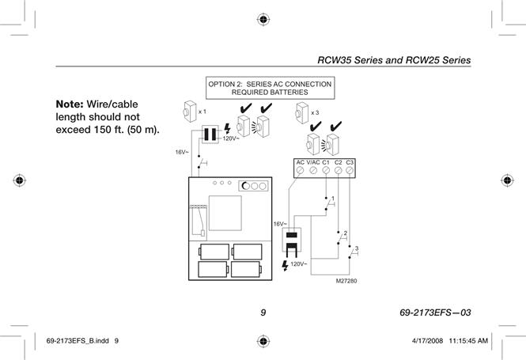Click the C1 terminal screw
click(x=326, y=170)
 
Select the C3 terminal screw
click(x=350, y=170)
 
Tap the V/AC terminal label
click(x=313, y=162)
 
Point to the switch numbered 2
click(x=340, y=237)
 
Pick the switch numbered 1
click(x=328, y=203)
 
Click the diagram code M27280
click(x=346, y=281)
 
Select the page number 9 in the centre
click(x=263, y=313)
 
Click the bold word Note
click(x=70, y=104)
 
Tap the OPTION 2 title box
click(x=270, y=88)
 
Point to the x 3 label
click(x=315, y=112)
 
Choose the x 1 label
click(x=202, y=112)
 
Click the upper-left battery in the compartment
click(x=214, y=252)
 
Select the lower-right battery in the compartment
click(x=247, y=270)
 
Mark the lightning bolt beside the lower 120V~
click(x=285, y=265)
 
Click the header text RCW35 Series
click(x=350, y=60)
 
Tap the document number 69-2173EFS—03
click(x=435, y=313)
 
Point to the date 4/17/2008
click(x=427, y=341)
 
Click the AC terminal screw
click(x=301, y=170)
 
